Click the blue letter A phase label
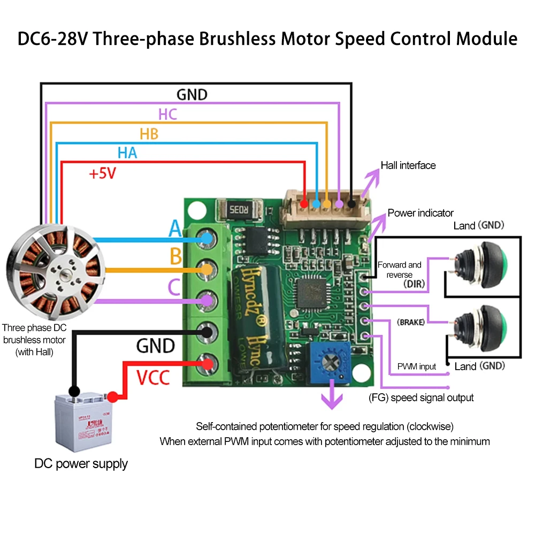click(175, 229)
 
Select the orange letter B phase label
click(175, 257)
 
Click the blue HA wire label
click(127, 154)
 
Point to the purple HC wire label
click(167, 114)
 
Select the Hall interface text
click(408, 165)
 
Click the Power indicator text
click(421, 213)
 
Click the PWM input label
click(416, 366)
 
